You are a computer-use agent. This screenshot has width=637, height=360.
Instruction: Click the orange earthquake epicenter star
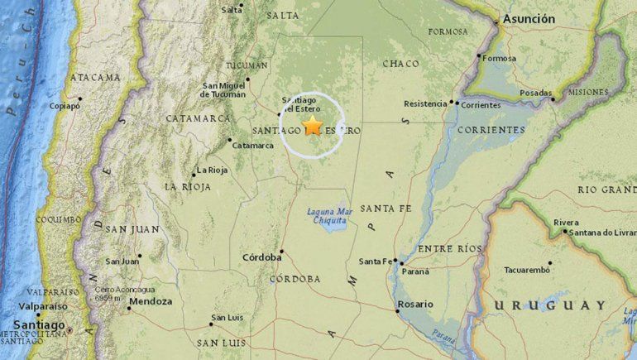click(313, 126)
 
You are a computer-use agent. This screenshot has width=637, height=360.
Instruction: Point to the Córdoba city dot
click(282, 251)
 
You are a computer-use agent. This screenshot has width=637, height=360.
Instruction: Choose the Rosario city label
click(415, 304)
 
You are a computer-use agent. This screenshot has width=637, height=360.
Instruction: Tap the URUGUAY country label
click(550, 305)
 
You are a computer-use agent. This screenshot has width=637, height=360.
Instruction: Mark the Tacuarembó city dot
click(550, 263)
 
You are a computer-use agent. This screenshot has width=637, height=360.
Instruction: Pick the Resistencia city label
click(424, 103)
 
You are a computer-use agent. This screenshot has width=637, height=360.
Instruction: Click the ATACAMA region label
click(95, 77)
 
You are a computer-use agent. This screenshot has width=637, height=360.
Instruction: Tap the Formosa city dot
click(481, 57)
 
